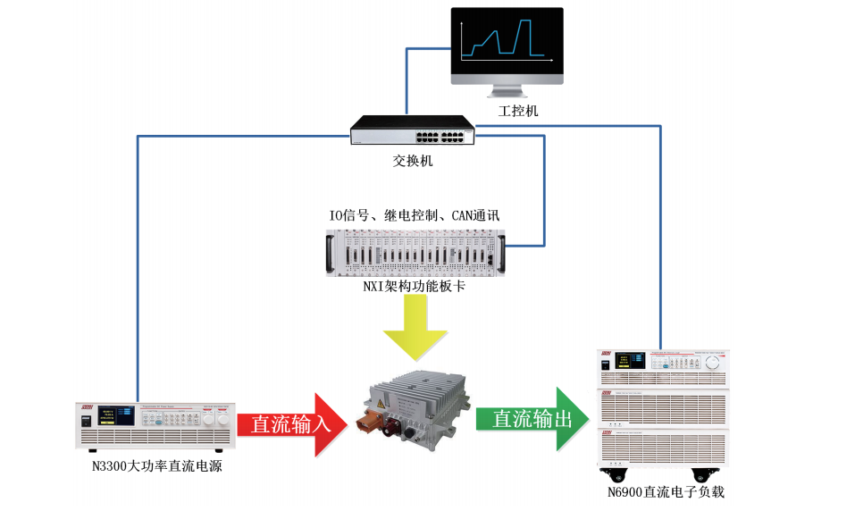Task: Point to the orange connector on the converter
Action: pos(374,420)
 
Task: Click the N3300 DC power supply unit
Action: pos(155,424)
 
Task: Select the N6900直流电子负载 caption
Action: pos(660,492)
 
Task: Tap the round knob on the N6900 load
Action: pos(712,363)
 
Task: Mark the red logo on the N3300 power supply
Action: pos(88,407)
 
